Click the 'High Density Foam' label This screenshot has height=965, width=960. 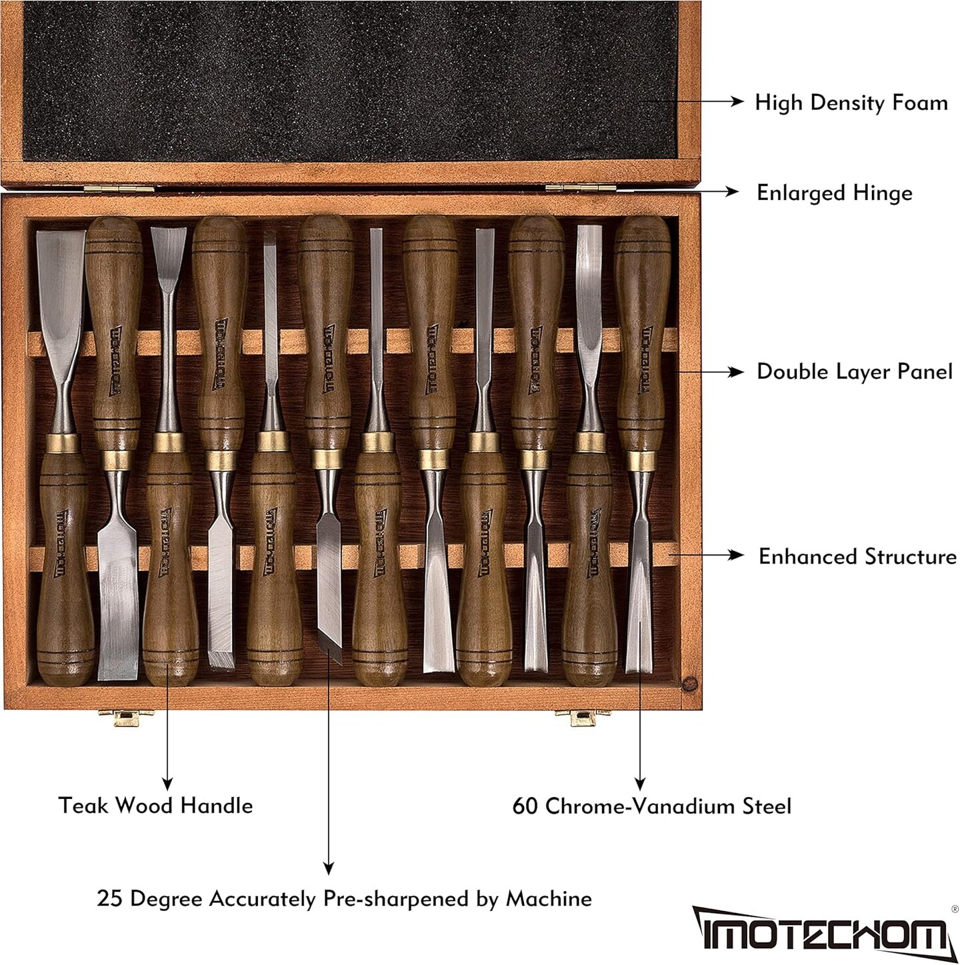851,103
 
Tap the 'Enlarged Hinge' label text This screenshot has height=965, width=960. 834,193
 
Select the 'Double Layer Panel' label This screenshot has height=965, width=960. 854,372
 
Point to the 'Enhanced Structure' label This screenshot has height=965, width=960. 857,557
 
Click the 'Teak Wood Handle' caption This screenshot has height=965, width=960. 155,806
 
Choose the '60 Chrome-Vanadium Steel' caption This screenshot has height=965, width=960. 651,806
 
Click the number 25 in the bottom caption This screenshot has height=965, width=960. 110,899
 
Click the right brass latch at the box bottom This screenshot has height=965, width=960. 575,718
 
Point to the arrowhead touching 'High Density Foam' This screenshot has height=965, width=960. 737,101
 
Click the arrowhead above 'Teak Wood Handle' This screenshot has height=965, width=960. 167,784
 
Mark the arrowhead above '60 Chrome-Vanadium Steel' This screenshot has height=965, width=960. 639,784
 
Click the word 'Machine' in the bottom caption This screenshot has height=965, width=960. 549,899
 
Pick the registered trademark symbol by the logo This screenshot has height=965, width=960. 954,908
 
